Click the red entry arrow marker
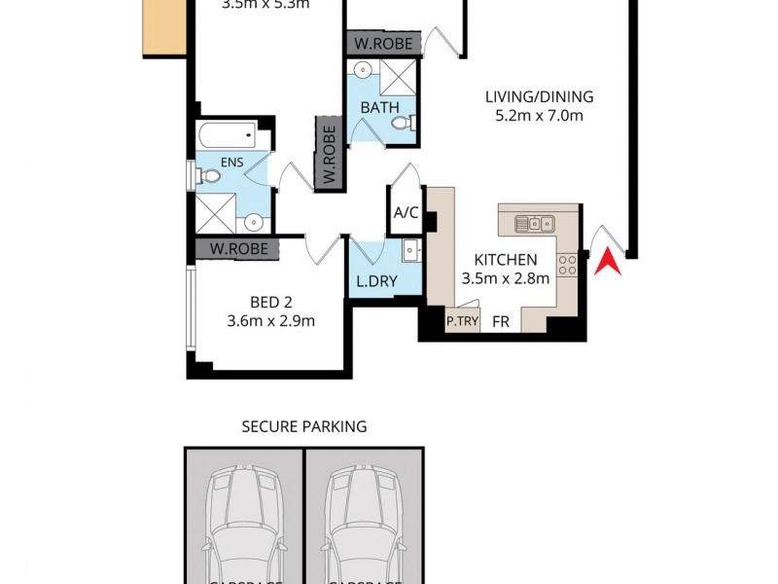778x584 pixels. coord(611,261)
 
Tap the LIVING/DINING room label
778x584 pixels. coord(539,96)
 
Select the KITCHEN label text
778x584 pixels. coord(505,260)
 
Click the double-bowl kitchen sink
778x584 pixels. coord(534,224)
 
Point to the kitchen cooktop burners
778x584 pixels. coord(567,264)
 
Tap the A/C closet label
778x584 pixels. coord(405,214)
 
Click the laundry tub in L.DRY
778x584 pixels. coord(410,250)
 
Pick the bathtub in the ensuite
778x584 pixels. coord(227,134)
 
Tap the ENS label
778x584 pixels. coord(232,163)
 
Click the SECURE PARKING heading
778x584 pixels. coord(304,426)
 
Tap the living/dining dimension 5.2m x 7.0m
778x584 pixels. coord(539,116)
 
